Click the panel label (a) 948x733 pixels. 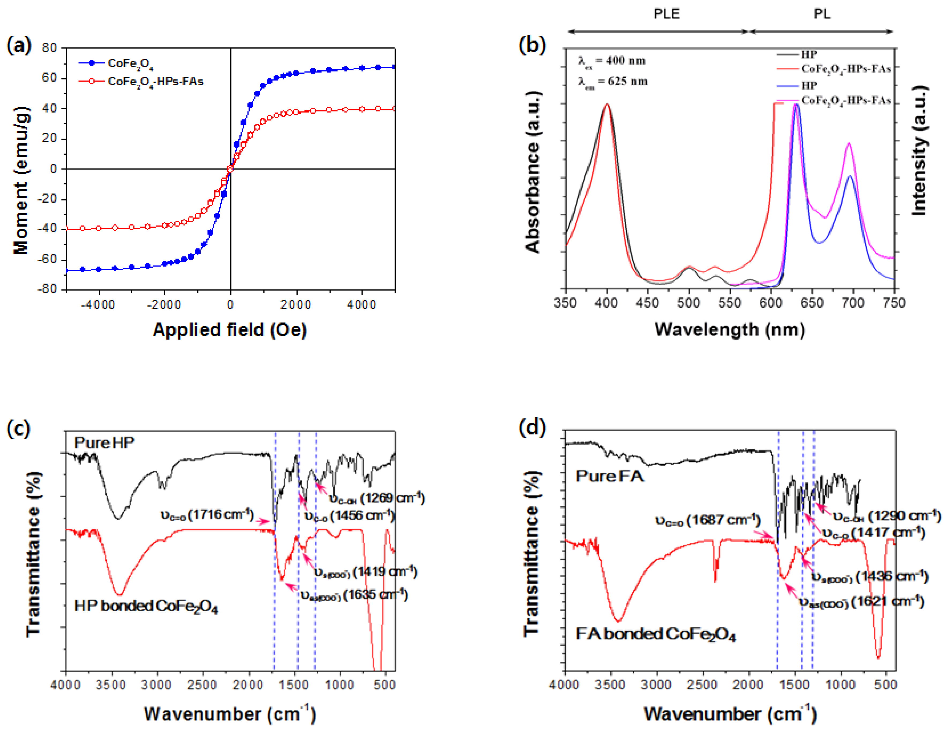[x=19, y=45]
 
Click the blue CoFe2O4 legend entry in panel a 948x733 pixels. [x=130, y=64]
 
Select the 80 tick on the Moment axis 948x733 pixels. [x=50, y=48]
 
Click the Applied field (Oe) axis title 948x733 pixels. [x=230, y=330]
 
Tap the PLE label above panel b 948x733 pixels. [x=666, y=14]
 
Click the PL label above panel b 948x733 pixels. [x=822, y=14]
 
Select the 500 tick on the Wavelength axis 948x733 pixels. [x=688, y=303]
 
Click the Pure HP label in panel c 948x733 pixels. [x=104, y=442]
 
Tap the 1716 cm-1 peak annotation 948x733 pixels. [x=207, y=515]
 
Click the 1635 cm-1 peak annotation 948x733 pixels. [x=354, y=594]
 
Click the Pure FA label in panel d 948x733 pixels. [x=610, y=476]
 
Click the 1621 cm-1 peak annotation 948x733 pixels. [x=862, y=602]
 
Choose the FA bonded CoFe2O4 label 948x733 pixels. [x=655, y=634]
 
